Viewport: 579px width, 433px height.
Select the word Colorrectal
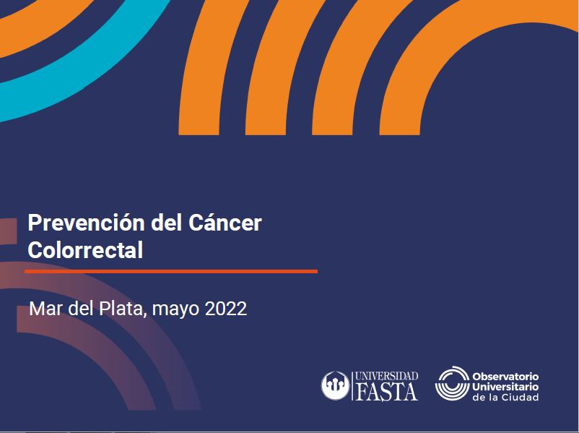[x=85, y=250]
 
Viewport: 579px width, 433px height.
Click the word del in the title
[x=166, y=223]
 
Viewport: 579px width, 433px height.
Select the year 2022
[x=226, y=309]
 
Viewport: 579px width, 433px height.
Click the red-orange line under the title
[x=171, y=271]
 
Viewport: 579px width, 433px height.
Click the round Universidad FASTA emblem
[x=335, y=385]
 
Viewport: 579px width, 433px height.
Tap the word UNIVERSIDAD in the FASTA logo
[x=387, y=377]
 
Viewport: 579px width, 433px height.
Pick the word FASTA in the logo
[x=387, y=392]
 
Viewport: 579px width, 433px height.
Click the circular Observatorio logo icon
[x=452, y=383]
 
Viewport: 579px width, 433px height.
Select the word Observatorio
[x=505, y=377]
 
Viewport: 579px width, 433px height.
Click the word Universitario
[x=505, y=387]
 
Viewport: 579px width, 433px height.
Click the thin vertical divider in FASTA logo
[x=352, y=386]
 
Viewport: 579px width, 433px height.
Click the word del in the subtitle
[x=81, y=309]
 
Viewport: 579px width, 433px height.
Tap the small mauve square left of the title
[x=8, y=231]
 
